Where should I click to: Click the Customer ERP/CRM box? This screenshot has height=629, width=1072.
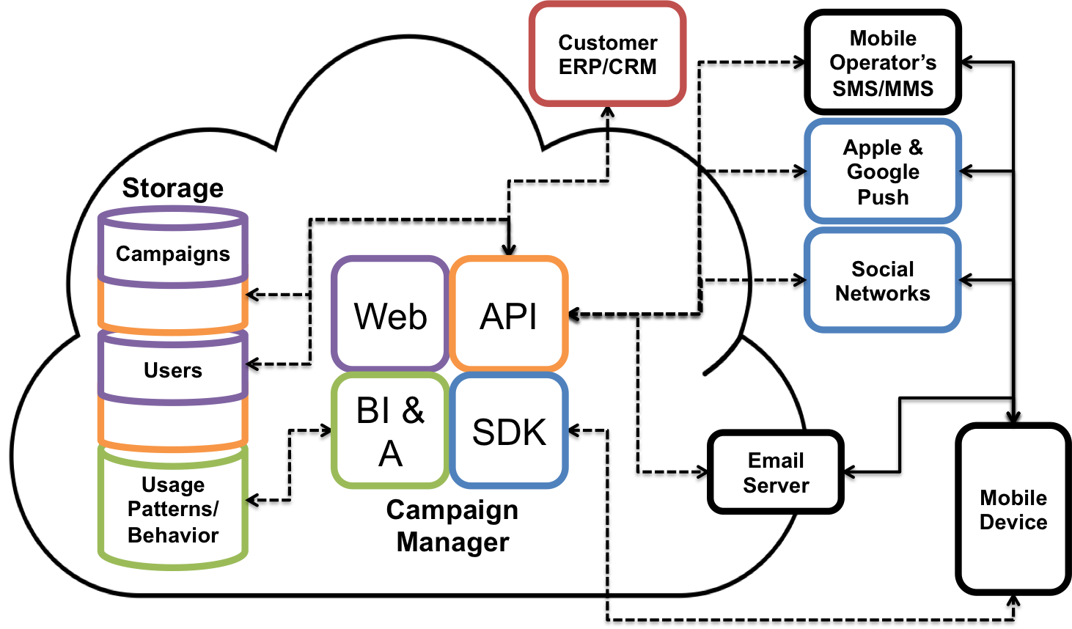[607, 54]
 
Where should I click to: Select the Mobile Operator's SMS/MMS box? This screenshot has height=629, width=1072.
[883, 63]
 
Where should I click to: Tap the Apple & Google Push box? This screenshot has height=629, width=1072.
[883, 172]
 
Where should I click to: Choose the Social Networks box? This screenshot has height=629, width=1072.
[883, 281]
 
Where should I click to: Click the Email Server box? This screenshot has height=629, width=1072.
[776, 472]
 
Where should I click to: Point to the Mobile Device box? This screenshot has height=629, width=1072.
[1013, 509]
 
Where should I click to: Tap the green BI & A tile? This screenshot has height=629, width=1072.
[390, 431]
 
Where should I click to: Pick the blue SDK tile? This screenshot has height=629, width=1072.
[509, 431]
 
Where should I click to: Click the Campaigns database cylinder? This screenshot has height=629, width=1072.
[173, 249]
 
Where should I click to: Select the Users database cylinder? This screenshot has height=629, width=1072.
[173, 368]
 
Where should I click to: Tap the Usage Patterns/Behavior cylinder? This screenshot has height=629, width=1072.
[173, 509]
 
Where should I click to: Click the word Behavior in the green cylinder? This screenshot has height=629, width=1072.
[173, 535]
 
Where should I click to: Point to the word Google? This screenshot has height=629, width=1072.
[883, 172]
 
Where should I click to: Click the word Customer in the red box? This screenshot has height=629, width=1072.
[607, 43]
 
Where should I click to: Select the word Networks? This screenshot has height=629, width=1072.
[883, 293]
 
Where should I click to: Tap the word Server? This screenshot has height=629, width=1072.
[776, 485]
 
